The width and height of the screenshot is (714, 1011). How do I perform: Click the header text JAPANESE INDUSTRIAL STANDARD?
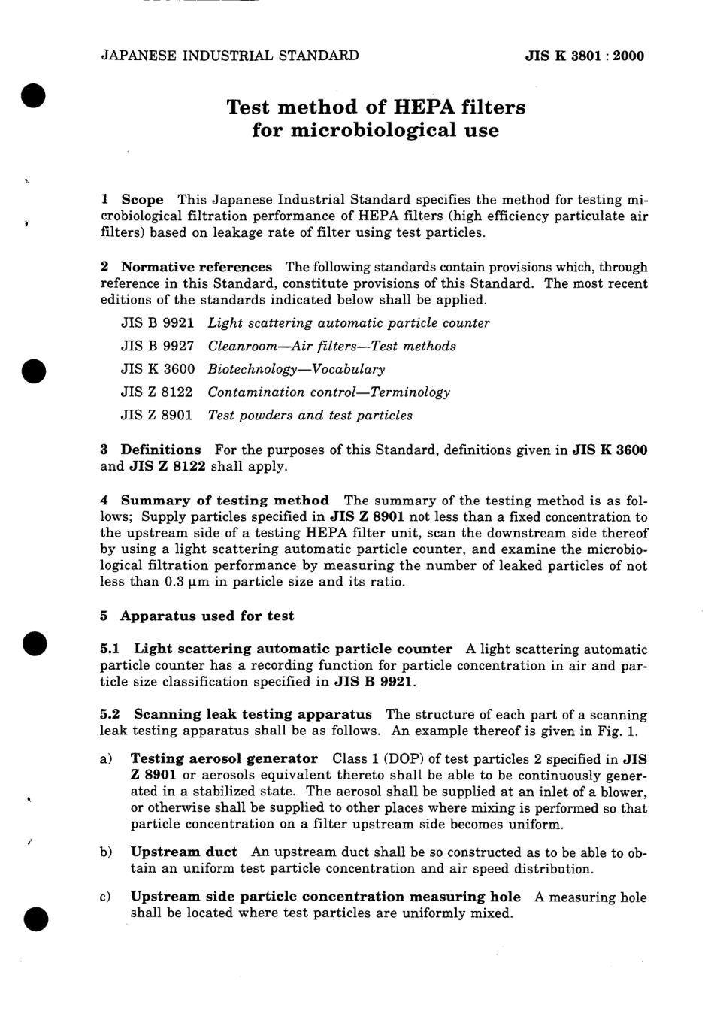pos(229,55)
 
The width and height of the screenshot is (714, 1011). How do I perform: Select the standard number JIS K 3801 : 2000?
pos(584,56)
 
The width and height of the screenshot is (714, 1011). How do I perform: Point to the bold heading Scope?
pos(142,200)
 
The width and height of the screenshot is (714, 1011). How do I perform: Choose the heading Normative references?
pos(196,267)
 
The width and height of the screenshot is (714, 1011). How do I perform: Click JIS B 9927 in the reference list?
pos(157,347)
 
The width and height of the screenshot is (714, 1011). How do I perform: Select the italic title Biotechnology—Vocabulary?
pos(296,369)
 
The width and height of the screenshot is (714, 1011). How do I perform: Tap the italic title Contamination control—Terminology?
pos(328,392)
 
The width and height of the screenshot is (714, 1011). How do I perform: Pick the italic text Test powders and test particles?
pos(310,415)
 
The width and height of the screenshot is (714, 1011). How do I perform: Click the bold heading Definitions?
pos(161,450)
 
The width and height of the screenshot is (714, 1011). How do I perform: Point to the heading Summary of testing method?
pos(225,501)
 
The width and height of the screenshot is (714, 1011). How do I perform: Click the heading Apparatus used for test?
pos(207,616)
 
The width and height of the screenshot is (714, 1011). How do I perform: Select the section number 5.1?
pos(110,649)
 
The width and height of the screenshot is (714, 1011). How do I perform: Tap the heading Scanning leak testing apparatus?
pos(253,714)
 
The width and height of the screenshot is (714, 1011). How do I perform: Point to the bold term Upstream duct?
pos(183,852)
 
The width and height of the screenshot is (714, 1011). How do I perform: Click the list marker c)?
pos(106,897)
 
